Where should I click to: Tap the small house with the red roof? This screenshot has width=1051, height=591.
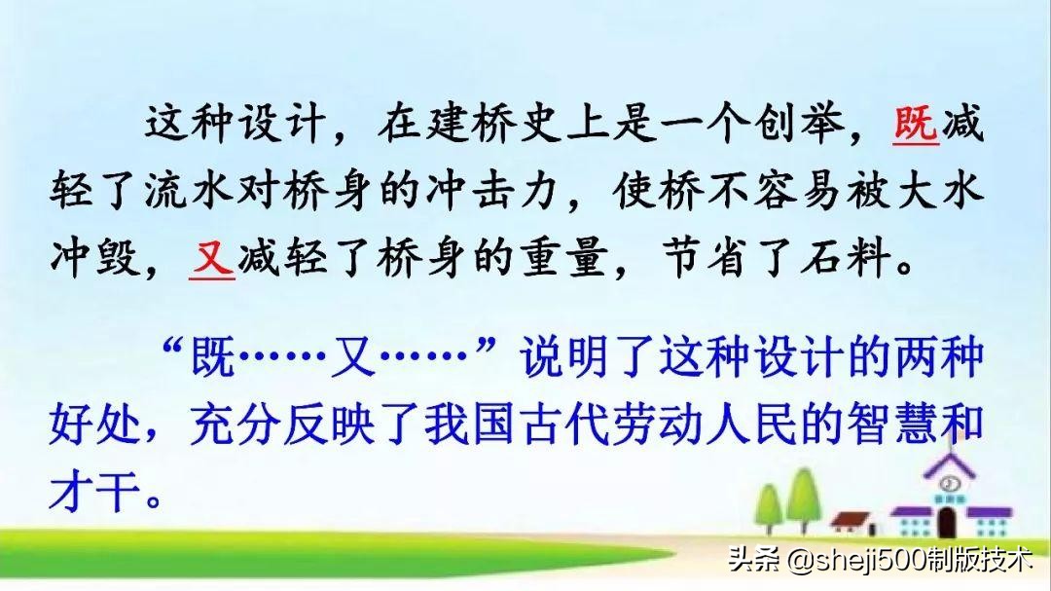(852, 526)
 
